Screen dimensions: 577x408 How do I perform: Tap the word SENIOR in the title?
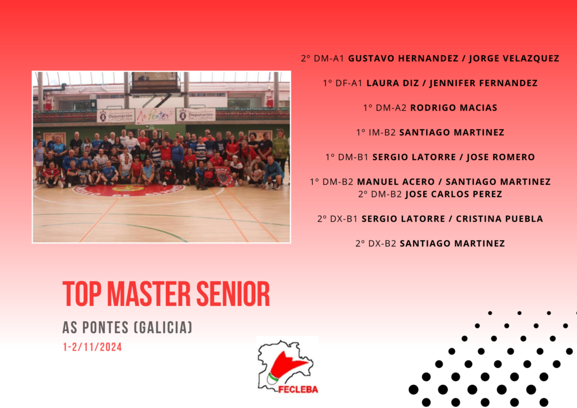click(233, 294)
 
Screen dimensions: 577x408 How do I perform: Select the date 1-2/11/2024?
click(92, 347)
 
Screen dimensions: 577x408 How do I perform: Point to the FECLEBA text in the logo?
click(298, 389)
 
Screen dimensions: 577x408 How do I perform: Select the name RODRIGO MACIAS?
click(454, 108)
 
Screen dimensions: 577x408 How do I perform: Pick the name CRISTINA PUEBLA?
click(499, 219)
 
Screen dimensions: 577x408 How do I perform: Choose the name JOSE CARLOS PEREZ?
click(454, 194)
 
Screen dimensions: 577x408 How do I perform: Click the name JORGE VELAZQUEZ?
click(514, 59)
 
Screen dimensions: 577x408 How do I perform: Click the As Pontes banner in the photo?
click(155, 116)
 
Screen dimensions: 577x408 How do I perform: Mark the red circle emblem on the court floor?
click(128, 190)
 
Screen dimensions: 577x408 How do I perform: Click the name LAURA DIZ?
click(393, 83)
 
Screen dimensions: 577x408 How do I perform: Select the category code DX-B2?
click(382, 243)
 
